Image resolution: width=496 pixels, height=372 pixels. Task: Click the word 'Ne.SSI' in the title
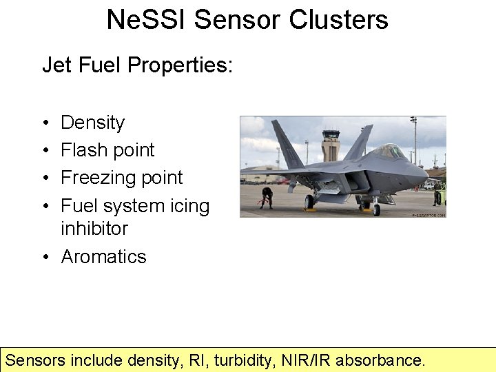pos(146,19)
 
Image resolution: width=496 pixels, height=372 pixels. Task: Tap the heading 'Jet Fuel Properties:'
pos(138,65)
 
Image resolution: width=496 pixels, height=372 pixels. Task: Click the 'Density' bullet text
pos(93,123)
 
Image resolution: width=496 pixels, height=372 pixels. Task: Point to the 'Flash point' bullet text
pos(107,150)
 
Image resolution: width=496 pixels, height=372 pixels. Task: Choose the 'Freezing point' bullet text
pos(122,178)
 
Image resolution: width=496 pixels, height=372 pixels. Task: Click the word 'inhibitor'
pos(94,228)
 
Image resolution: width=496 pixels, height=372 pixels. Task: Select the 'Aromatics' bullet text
pos(104,257)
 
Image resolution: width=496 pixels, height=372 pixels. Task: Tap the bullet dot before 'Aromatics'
pos(45,257)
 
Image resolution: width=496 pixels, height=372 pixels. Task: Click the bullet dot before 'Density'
pos(45,123)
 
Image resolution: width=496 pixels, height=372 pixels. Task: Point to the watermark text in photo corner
pos(428,214)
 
